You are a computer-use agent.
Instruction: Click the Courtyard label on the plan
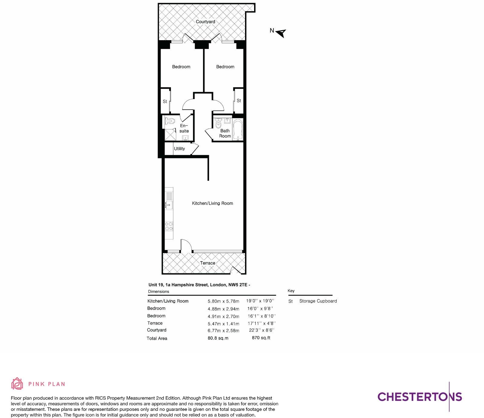(x=205, y=22)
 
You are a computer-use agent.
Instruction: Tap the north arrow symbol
(x=281, y=33)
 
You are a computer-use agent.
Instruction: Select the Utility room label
(x=179, y=149)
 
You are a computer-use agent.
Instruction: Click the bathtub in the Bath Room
(x=238, y=130)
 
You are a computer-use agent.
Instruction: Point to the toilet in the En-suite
(x=170, y=121)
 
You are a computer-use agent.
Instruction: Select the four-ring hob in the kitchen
(x=169, y=226)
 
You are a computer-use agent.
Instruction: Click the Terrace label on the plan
(x=208, y=263)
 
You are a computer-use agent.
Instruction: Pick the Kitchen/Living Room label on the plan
(x=212, y=203)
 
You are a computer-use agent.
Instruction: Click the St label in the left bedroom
(x=165, y=101)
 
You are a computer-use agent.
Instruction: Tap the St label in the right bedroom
(x=239, y=101)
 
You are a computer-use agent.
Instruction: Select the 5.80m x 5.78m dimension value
(x=223, y=301)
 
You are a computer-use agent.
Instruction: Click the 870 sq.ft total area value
(x=261, y=338)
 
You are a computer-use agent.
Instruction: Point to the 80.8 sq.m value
(x=218, y=338)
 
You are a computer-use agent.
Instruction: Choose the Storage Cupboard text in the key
(x=318, y=301)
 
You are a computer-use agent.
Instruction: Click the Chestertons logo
(x=420, y=397)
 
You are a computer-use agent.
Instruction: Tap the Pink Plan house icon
(x=17, y=384)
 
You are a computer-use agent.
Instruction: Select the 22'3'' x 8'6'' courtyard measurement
(x=261, y=330)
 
